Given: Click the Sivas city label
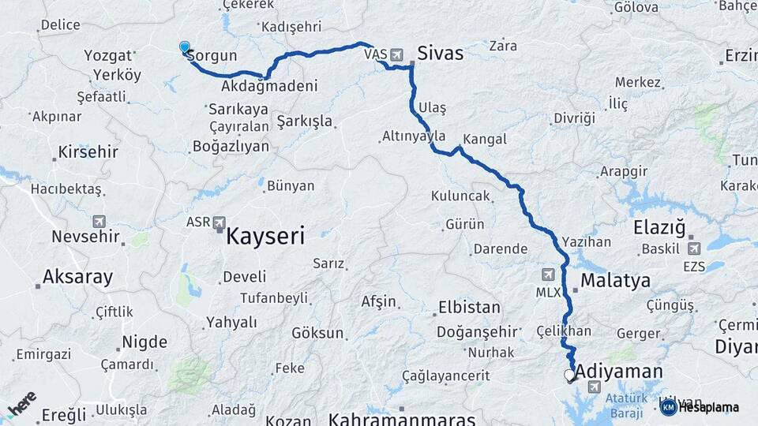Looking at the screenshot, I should pyautogui.click(x=440, y=54).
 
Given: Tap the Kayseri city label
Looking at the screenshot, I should pyautogui.click(x=265, y=235).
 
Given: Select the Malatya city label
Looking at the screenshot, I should pyautogui.click(x=615, y=280).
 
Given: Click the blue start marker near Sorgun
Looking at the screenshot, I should pyautogui.click(x=185, y=48).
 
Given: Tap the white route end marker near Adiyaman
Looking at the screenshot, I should pyautogui.click(x=569, y=376).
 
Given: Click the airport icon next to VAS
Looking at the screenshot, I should pyautogui.click(x=396, y=55).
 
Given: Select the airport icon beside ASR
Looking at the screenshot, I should pyautogui.click(x=219, y=222).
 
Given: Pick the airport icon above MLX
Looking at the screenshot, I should pyautogui.click(x=549, y=275).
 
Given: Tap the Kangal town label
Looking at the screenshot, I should pyautogui.click(x=484, y=140).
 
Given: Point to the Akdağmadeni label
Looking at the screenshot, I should pyautogui.click(x=269, y=85).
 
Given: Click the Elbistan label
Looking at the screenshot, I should pyautogui.click(x=468, y=308).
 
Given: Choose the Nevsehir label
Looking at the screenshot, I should pyautogui.click(x=85, y=236).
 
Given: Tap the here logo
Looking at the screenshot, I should pyautogui.click(x=21, y=405).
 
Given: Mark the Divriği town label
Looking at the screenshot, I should pyautogui.click(x=573, y=118).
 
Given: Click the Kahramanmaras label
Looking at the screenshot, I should pyautogui.click(x=402, y=419).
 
